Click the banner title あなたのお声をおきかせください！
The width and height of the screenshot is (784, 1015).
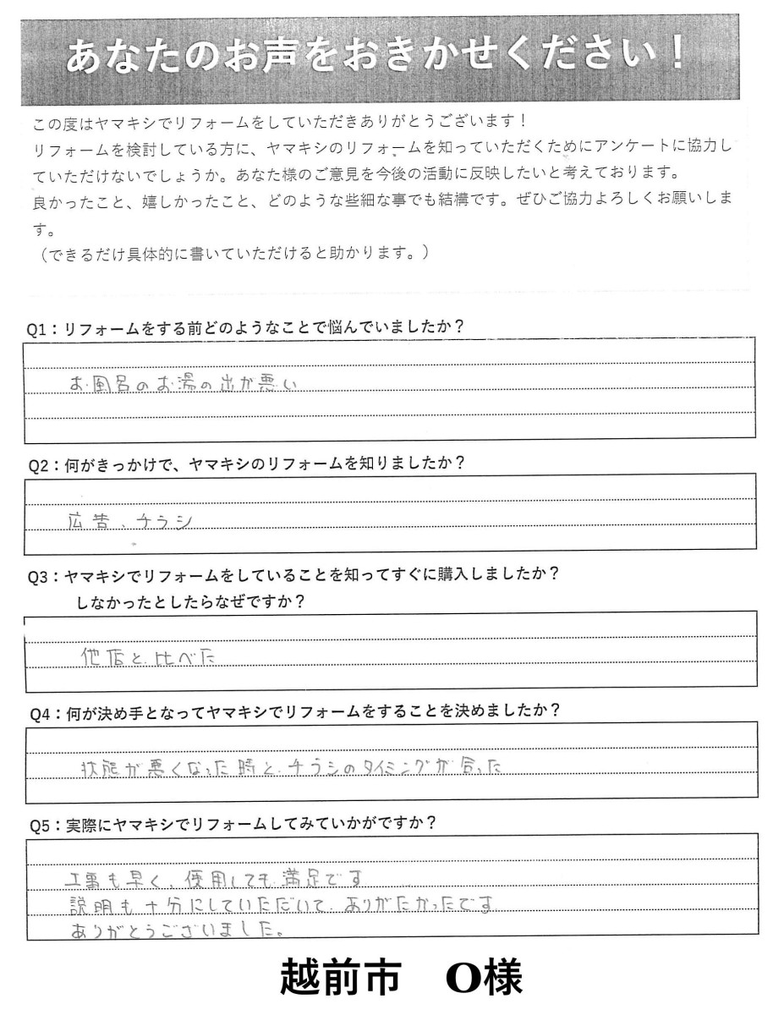pyautogui.click(x=376, y=58)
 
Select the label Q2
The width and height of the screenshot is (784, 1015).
pyautogui.click(x=39, y=464)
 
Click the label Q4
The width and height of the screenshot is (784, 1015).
pyautogui.click(x=39, y=711)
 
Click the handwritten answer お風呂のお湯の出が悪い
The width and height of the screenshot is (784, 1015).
pyautogui.click(x=184, y=384)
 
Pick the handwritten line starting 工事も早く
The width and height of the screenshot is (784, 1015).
pyautogui.click(x=219, y=879)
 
